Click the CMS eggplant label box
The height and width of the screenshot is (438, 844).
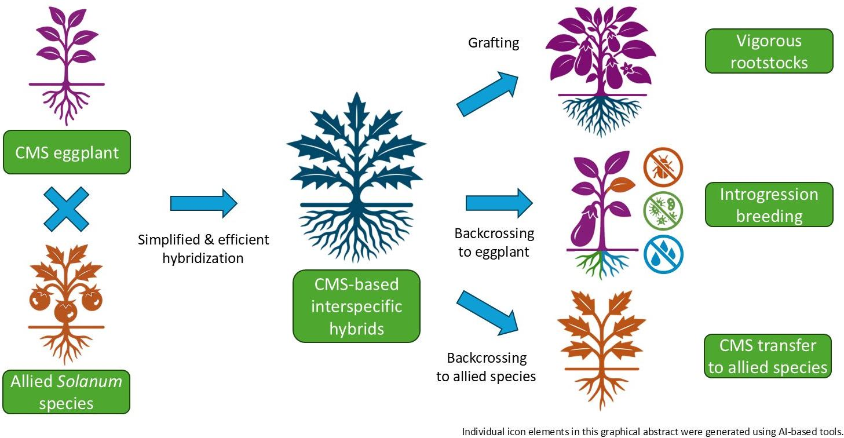coord(67,152)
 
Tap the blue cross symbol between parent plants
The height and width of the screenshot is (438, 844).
coord(66,209)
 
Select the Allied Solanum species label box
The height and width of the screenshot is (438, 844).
coord(66,392)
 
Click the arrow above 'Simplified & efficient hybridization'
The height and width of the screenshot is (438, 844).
coord(204,203)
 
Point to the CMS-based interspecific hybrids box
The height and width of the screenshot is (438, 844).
coord(356,306)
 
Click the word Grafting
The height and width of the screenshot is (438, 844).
coord(494,43)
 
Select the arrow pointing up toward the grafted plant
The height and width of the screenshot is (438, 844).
coord(488,94)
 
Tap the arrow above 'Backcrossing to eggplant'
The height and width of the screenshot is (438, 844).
coord(499,203)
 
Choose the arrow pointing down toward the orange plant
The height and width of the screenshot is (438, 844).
coord(488,313)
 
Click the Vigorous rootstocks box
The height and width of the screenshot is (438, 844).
coord(769,51)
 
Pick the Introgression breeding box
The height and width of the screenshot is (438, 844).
coord(769,205)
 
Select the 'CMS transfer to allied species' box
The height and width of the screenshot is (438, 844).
coord(768,356)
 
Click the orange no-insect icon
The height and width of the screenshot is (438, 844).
coord(663,167)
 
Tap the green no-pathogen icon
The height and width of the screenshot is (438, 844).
coord(663,211)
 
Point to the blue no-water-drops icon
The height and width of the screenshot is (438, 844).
coord(663,254)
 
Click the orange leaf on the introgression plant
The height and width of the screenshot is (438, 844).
coord(622,185)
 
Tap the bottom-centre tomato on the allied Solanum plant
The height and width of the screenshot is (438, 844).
coord(65,311)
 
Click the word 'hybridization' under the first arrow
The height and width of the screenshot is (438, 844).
coord(203,258)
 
